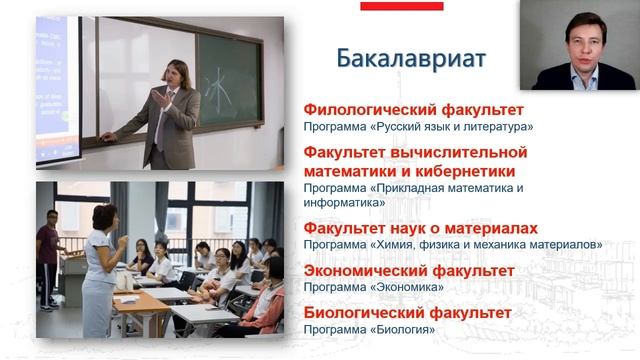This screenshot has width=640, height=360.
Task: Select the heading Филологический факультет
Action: (x=413, y=110)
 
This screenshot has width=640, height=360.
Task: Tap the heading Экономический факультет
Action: (x=409, y=270)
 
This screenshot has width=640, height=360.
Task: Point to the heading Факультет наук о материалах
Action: (x=421, y=228)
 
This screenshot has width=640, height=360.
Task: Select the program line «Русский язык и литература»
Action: (x=419, y=126)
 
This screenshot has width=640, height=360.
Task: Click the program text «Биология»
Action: (x=391, y=329)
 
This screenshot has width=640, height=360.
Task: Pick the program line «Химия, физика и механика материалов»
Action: (x=453, y=244)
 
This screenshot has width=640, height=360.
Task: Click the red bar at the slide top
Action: (x=401, y=6)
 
